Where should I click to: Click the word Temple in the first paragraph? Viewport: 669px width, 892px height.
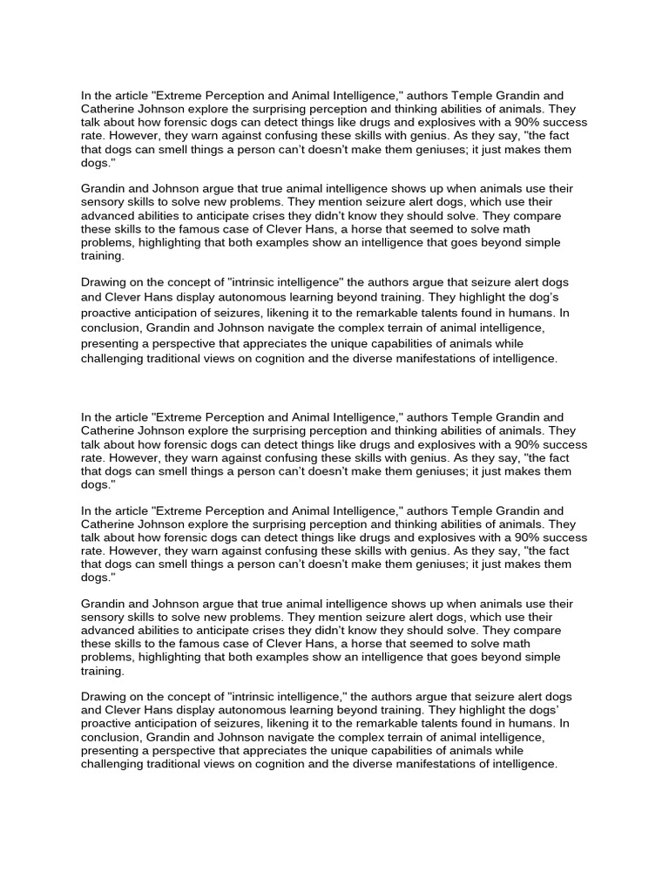click(x=476, y=95)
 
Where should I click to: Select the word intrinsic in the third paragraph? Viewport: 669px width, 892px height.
click(x=258, y=282)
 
